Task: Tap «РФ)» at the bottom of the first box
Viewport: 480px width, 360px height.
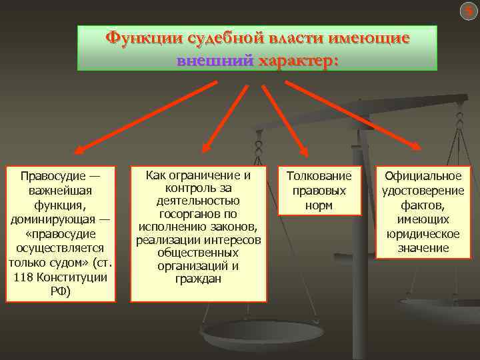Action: pos(61,291)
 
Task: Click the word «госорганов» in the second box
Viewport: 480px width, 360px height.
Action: pos(199,213)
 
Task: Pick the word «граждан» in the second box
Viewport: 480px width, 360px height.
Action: pos(199,278)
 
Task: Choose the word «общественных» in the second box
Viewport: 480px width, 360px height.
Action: pos(199,253)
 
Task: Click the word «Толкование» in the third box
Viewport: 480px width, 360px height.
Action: pos(319,176)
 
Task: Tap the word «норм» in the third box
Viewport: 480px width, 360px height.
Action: pos(319,205)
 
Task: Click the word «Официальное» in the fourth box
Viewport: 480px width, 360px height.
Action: pos(421,176)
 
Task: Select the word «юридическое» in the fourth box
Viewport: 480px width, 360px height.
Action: pos(421,234)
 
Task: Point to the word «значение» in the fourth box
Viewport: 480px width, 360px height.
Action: pos(421,249)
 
